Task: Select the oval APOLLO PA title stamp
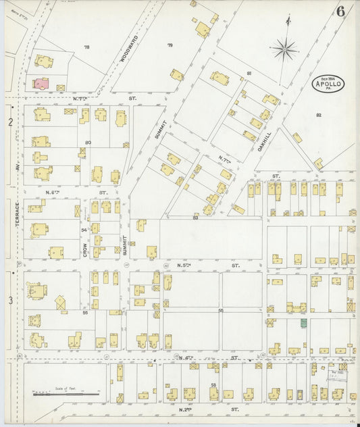tap(328, 84)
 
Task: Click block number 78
tap(86, 47)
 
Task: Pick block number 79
tap(170, 45)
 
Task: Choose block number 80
tap(87, 143)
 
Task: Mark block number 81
tap(249, 73)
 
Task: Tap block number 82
tap(318, 116)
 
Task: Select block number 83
tap(195, 217)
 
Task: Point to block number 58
tap(213, 384)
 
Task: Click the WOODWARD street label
tap(130, 49)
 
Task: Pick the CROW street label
tap(85, 249)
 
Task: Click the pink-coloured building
tap(41, 83)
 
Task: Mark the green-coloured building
tap(303, 323)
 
